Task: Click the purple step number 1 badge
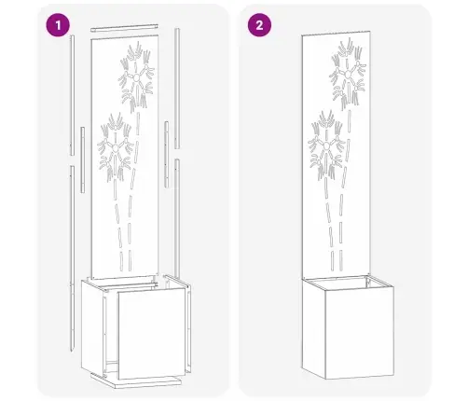58,25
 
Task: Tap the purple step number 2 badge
259,25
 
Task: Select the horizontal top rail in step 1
124,28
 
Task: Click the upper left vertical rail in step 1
72,95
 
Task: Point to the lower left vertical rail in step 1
72,258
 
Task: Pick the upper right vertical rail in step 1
177,89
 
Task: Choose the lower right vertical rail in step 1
177,218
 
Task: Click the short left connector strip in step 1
82,159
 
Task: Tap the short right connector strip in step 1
167,155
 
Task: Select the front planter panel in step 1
151,334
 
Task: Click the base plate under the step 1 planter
136,380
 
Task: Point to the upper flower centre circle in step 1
136,78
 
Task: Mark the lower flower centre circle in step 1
116,148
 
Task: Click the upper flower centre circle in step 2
348,76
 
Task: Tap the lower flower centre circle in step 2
326,145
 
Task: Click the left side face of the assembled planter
313,328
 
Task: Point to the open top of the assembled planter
348,283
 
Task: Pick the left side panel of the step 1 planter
92,326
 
